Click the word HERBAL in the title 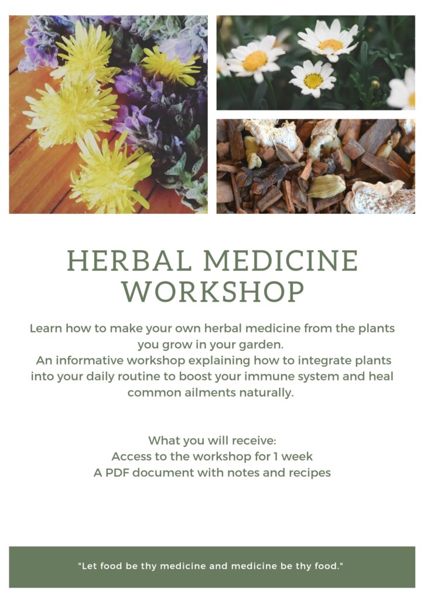tap(129, 261)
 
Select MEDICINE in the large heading tap(281, 261)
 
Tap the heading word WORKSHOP tap(213, 292)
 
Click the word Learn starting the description tap(46, 328)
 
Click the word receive tap(254, 441)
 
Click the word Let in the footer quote tap(88, 567)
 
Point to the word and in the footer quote tap(218, 567)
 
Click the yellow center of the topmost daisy tap(330, 45)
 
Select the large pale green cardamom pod tap(326, 186)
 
